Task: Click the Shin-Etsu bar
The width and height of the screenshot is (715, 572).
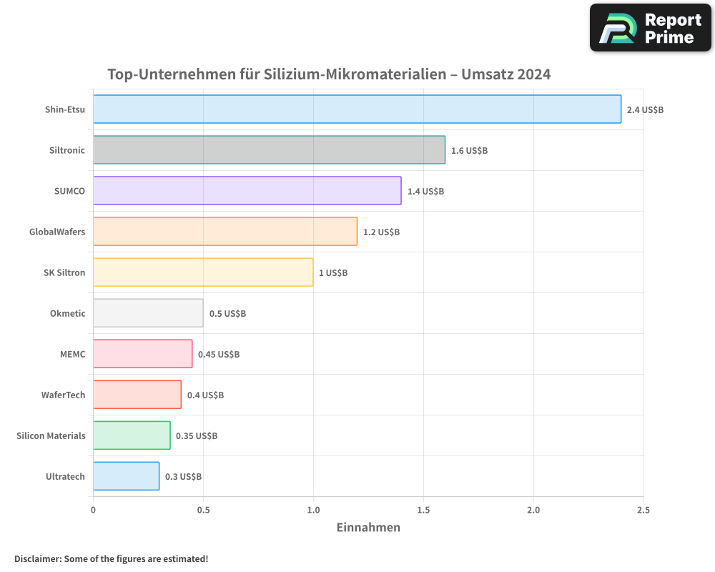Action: pyautogui.click(x=357, y=109)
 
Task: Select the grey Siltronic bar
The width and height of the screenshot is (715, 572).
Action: pyautogui.click(x=269, y=150)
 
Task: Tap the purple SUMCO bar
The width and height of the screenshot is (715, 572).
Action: pyautogui.click(x=247, y=191)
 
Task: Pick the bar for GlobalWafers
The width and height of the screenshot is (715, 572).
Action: pyautogui.click(x=225, y=232)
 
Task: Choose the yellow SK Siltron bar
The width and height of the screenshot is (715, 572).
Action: pyautogui.click(x=203, y=272)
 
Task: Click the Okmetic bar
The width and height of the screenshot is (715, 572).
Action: pyautogui.click(x=148, y=313)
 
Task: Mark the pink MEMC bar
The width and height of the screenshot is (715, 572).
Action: pyautogui.click(x=142, y=354)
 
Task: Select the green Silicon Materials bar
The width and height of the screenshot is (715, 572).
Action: pyautogui.click(x=132, y=435)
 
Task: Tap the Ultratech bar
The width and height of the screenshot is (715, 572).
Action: pyautogui.click(x=126, y=476)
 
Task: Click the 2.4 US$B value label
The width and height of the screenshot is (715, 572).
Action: pyautogui.click(x=645, y=110)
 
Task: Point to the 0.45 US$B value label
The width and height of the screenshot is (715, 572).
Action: pyautogui.click(x=219, y=355)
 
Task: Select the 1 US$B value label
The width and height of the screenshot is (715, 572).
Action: pyautogui.click(x=333, y=273)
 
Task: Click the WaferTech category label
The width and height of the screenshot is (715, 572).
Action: pyautogui.click(x=63, y=395)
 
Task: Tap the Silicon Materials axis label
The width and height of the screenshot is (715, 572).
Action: pyautogui.click(x=51, y=436)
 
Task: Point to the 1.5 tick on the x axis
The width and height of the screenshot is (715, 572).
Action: pyautogui.click(x=423, y=510)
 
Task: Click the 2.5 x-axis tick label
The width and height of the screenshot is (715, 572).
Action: pyautogui.click(x=643, y=510)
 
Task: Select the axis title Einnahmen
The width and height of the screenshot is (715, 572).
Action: pyautogui.click(x=368, y=528)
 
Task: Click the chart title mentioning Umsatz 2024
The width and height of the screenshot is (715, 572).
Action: pyautogui.click(x=329, y=74)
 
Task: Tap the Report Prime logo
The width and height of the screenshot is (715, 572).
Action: pyautogui.click(x=651, y=28)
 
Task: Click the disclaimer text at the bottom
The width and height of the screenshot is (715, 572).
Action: pyautogui.click(x=112, y=558)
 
